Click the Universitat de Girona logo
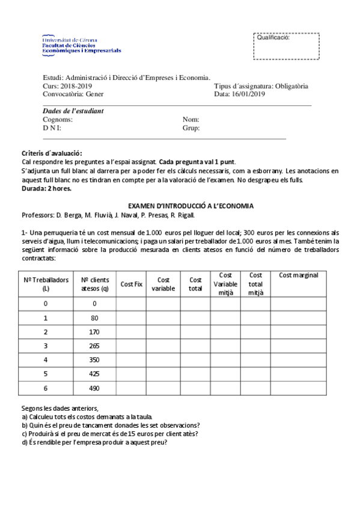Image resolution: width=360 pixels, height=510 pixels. pyautogui.click(x=81, y=45)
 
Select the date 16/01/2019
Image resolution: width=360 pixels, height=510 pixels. pyautogui.click(x=248, y=94)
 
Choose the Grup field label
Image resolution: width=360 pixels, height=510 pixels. pyautogui.click(x=191, y=128)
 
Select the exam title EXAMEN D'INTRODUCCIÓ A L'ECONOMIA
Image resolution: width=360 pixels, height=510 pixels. pyautogui.click(x=191, y=206)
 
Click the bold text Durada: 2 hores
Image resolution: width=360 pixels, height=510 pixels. pyautogui.click(x=46, y=188)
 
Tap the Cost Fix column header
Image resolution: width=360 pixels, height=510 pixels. pyautogui.click(x=131, y=284)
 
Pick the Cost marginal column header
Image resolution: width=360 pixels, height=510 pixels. pyautogui.click(x=298, y=275)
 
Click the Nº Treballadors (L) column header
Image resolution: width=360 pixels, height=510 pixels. pyautogui.click(x=46, y=284)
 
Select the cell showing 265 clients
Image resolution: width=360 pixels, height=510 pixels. pyautogui.click(x=94, y=345)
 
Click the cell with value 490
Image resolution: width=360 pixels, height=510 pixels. pyautogui.click(x=94, y=388)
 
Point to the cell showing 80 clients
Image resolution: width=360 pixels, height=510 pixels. pyautogui.click(x=94, y=317)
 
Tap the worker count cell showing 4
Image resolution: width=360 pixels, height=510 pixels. pyautogui.click(x=46, y=360)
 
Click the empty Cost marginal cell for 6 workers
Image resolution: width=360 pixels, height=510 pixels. pyautogui.click(x=298, y=388)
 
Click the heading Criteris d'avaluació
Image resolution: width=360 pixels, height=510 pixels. pyautogui.click(x=52, y=153)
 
